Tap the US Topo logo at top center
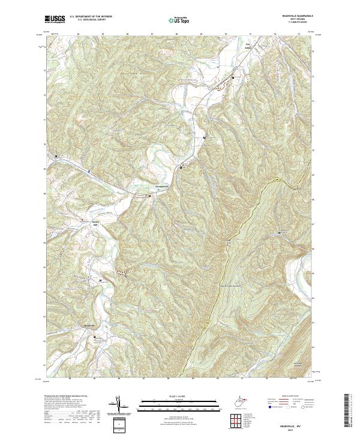[180, 20]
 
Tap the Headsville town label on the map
[90, 325]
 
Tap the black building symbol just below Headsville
[94, 338]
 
